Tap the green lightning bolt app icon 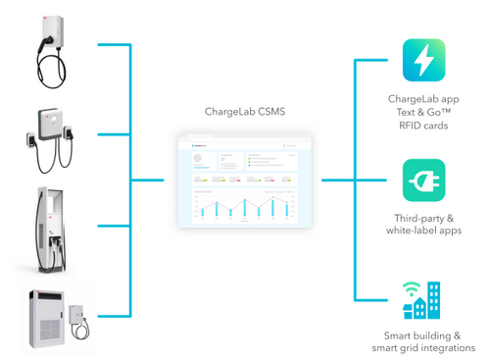[x=423, y=61]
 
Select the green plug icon [x=423, y=180]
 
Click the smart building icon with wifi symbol [x=422, y=300]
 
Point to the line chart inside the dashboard [x=240, y=205]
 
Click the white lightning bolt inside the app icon [x=423, y=61]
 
